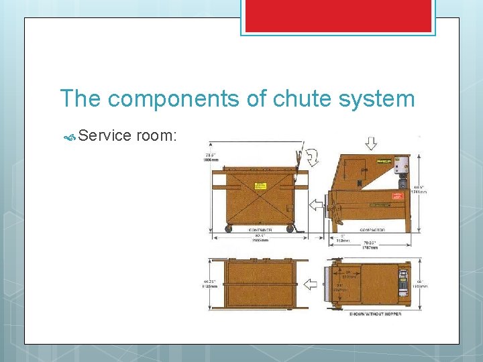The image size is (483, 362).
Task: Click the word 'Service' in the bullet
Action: (x=105, y=136)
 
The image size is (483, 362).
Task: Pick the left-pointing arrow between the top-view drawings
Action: (x=311, y=285)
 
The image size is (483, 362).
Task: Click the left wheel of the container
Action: (x=229, y=229)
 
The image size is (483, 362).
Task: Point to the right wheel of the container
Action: (x=290, y=229)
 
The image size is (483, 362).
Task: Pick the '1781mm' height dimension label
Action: (x=421, y=192)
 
